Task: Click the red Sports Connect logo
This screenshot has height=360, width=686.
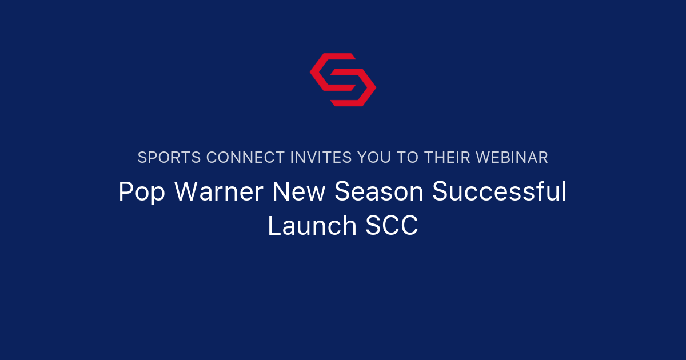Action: (x=342, y=79)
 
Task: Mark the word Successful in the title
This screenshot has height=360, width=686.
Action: (x=499, y=193)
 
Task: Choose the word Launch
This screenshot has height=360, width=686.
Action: (x=312, y=226)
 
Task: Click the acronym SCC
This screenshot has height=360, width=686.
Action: (x=392, y=226)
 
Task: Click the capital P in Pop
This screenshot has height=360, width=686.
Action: (x=125, y=193)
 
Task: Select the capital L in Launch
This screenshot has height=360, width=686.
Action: (x=273, y=226)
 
